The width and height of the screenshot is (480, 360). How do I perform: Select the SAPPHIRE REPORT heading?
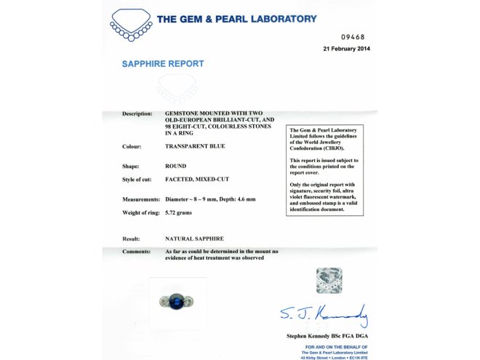click(x=162, y=64)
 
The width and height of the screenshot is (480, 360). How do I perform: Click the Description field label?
click(x=137, y=114)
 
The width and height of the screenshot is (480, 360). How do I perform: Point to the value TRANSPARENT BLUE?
click(x=196, y=146)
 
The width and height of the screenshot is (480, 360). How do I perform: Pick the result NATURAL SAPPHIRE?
click(x=194, y=239)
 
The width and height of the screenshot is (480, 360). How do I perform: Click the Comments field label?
click(x=136, y=251)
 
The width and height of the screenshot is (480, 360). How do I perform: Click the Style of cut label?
click(x=138, y=180)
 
